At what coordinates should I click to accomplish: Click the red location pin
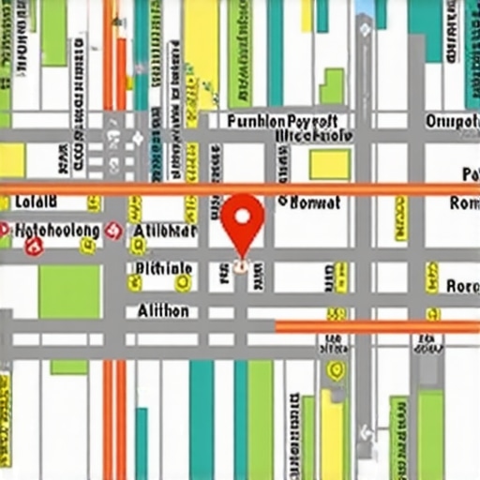[x=243, y=221]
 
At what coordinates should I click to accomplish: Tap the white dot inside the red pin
[x=243, y=217]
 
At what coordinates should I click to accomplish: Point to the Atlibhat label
[x=164, y=231]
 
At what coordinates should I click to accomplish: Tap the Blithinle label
[x=163, y=269]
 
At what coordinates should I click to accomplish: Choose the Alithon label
[x=163, y=310]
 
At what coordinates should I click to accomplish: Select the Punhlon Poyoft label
[x=281, y=121]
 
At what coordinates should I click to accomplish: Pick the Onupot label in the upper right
[x=452, y=121]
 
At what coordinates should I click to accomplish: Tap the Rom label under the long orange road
[x=464, y=202]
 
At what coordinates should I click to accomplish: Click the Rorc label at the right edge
[x=462, y=286]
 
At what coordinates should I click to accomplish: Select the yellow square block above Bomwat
[x=329, y=164]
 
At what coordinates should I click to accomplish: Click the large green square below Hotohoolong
[x=69, y=292]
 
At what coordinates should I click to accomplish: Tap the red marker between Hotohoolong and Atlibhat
[x=115, y=230]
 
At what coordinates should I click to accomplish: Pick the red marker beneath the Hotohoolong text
[x=36, y=247]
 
